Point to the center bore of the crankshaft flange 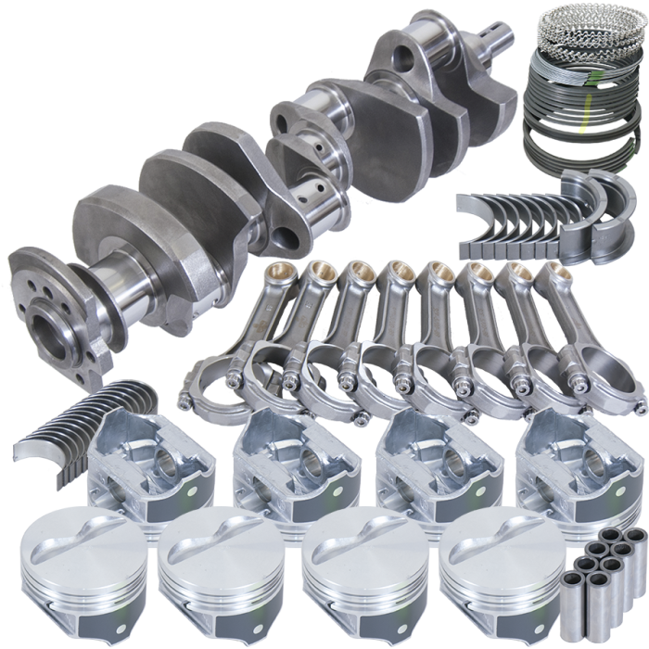pyautogui.click(x=49, y=328)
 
